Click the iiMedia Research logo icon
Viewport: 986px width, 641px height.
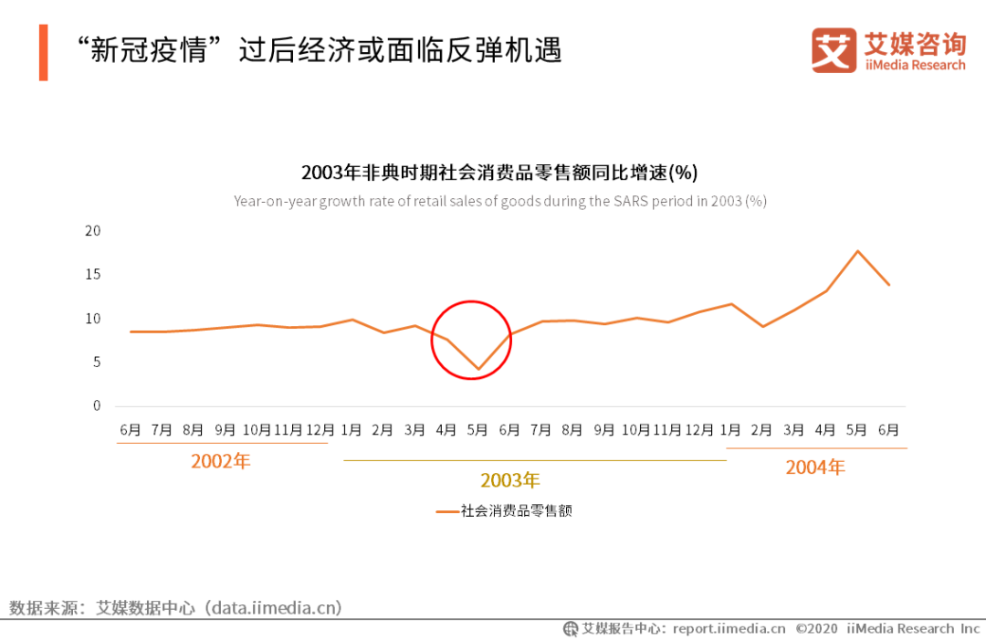(834, 50)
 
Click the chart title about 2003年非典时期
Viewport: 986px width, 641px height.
(499, 173)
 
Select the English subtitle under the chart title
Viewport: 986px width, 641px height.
(499, 201)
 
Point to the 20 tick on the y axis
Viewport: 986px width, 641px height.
(92, 231)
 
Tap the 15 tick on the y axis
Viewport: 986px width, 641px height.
(92, 275)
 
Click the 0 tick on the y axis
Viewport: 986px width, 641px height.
(96, 406)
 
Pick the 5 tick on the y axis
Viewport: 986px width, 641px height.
(96, 363)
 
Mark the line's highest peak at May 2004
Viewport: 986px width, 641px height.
(857, 251)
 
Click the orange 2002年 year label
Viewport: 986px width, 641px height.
(220, 462)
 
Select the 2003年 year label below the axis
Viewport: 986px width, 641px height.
(510, 480)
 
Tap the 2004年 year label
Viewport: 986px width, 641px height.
(815, 468)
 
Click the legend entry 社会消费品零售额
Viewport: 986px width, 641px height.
(515, 511)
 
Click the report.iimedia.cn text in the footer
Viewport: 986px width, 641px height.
(729, 628)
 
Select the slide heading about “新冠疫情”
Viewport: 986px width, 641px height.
(319, 49)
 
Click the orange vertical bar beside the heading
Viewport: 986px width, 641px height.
(43, 52)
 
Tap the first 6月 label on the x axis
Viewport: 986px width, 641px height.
(130, 429)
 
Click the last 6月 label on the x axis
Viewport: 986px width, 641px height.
(888, 429)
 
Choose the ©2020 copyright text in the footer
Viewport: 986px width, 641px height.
(817, 628)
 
